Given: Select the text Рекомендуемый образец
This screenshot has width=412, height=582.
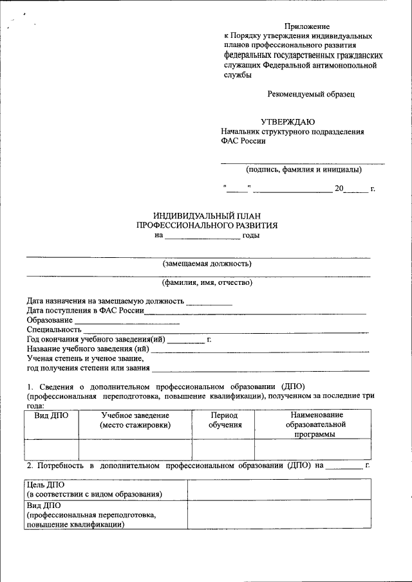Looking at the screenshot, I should click(311, 94).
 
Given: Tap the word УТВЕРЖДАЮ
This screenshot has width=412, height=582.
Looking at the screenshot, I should click(288, 122).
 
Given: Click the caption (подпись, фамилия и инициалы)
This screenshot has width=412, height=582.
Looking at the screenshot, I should click(303, 170).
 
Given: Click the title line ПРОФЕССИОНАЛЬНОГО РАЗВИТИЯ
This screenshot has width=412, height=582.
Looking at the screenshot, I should click(207, 226).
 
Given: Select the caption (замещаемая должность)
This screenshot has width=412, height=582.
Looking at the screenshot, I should click(207, 263).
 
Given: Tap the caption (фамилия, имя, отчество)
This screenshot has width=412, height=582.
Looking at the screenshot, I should click(207, 282).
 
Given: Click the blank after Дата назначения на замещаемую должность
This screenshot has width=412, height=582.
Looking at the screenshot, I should click(209, 301).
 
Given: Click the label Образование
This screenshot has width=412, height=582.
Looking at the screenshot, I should click(50, 320).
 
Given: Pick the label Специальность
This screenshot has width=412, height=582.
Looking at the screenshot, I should click(54, 330).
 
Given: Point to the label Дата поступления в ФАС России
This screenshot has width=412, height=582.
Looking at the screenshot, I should click(85, 311).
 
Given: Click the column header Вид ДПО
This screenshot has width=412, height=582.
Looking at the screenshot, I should click(51, 415).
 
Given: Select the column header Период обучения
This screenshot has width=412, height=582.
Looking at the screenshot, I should click(225, 420).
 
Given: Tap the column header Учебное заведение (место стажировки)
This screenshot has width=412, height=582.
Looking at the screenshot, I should click(135, 420).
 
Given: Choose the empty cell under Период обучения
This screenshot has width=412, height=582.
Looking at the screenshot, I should click(223, 448).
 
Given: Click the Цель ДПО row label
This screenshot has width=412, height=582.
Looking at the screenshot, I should click(94, 489).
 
